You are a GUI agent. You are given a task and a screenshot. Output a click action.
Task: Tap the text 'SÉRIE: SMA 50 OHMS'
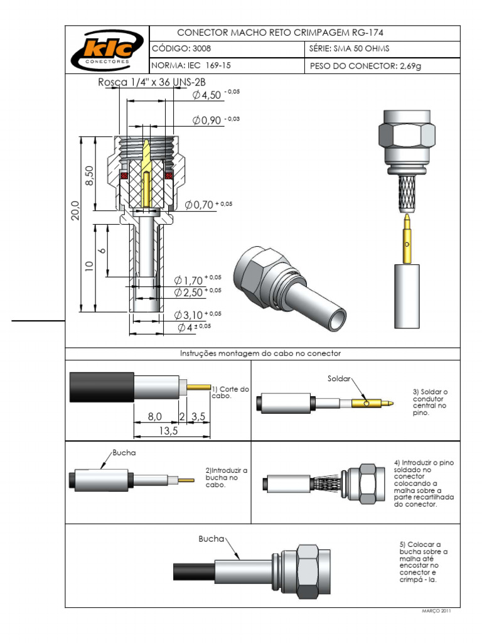point(350,48)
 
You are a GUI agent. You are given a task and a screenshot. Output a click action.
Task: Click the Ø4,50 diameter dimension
point(212,95)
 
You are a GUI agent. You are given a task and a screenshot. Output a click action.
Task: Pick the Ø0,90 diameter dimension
point(212,120)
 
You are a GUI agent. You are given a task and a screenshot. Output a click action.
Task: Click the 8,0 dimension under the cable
point(154,416)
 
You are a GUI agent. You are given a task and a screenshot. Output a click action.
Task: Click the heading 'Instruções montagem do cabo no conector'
point(261,354)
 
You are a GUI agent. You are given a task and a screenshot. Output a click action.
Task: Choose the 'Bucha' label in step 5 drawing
point(211,539)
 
